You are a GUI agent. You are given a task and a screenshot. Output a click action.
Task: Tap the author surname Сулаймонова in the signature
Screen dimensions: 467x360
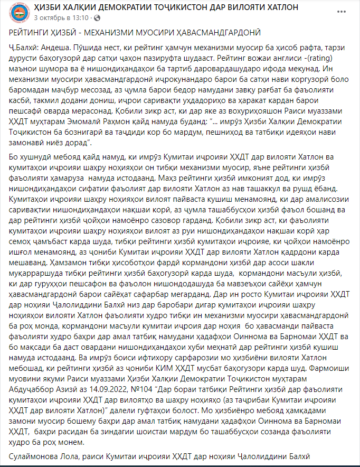click(36, 456)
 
